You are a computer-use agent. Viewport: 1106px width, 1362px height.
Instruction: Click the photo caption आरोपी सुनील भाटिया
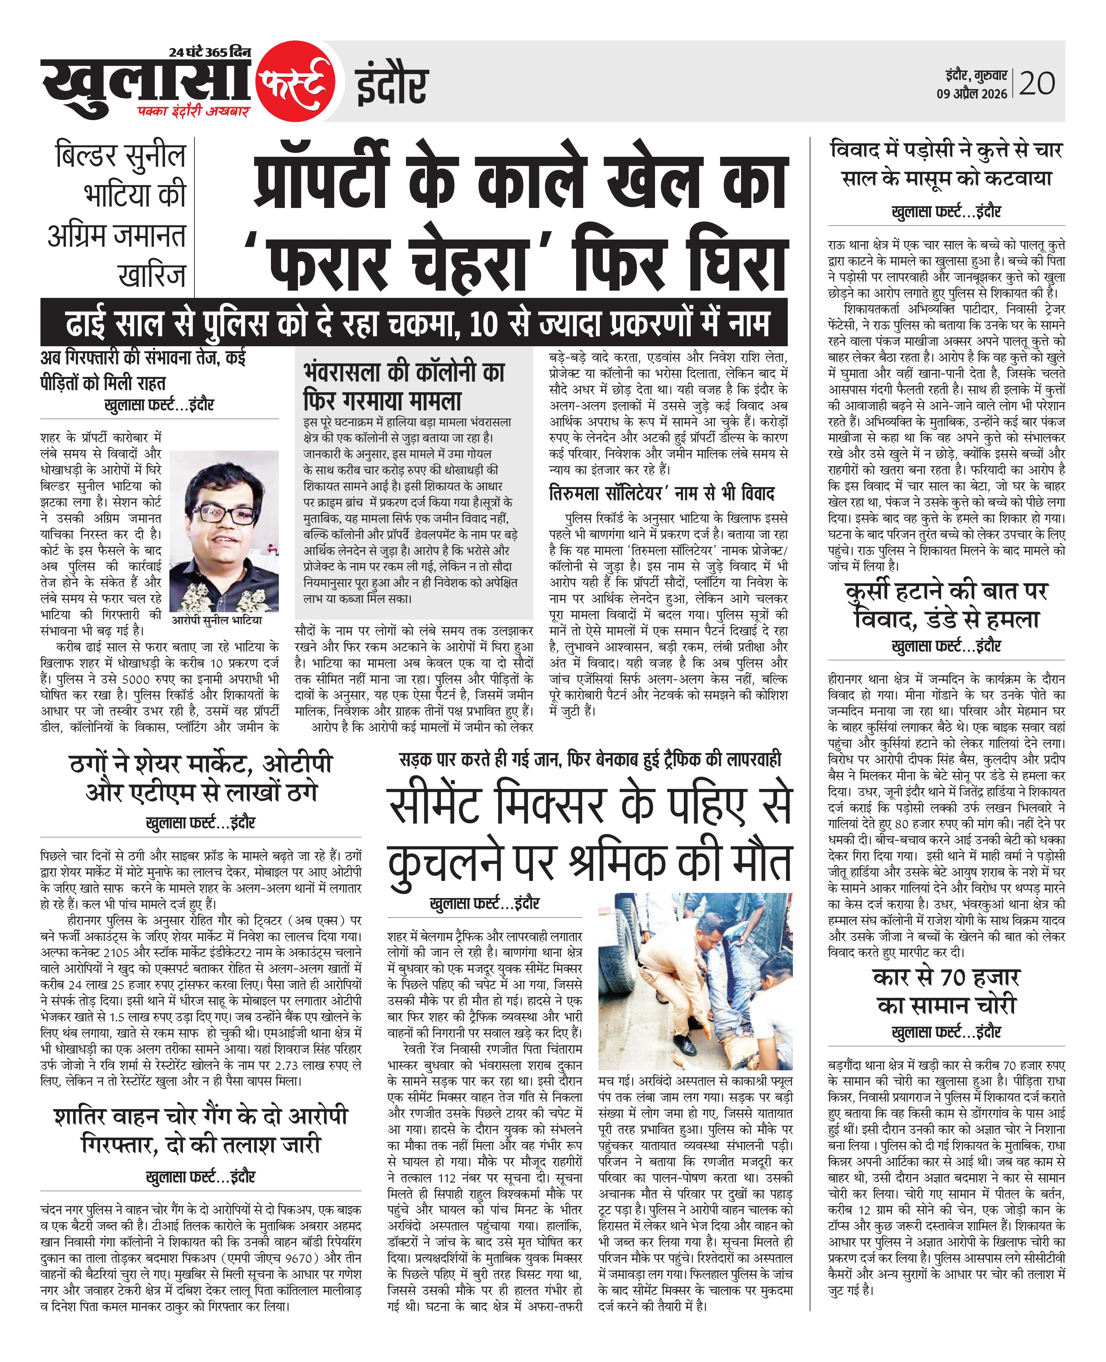pyautogui.click(x=217, y=620)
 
